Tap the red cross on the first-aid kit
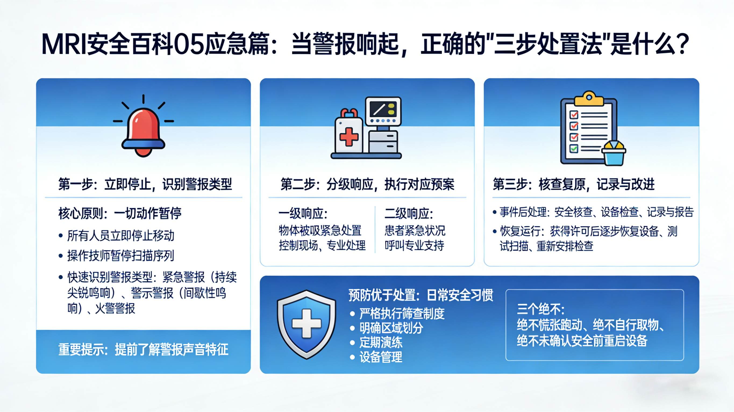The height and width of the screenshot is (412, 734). [349, 137]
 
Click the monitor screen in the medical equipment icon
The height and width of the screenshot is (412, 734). [383, 109]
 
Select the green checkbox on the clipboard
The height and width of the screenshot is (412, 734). [573, 148]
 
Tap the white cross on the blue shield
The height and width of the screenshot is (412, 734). [307, 323]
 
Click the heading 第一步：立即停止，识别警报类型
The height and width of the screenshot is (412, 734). [145, 184]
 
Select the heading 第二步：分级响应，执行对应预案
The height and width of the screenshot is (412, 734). [367, 184]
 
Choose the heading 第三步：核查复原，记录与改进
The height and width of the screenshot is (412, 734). [573, 184]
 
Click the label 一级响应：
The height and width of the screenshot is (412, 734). [303, 213]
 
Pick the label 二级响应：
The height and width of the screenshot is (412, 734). [409, 213]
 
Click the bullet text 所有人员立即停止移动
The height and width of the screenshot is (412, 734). [120, 236]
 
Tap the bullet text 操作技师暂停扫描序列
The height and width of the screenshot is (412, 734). [120, 256]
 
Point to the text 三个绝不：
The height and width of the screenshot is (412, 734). [541, 309]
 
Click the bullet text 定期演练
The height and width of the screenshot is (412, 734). [381, 342]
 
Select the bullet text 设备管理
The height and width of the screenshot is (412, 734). [381, 357]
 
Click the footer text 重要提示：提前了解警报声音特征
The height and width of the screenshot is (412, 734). [143, 349]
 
